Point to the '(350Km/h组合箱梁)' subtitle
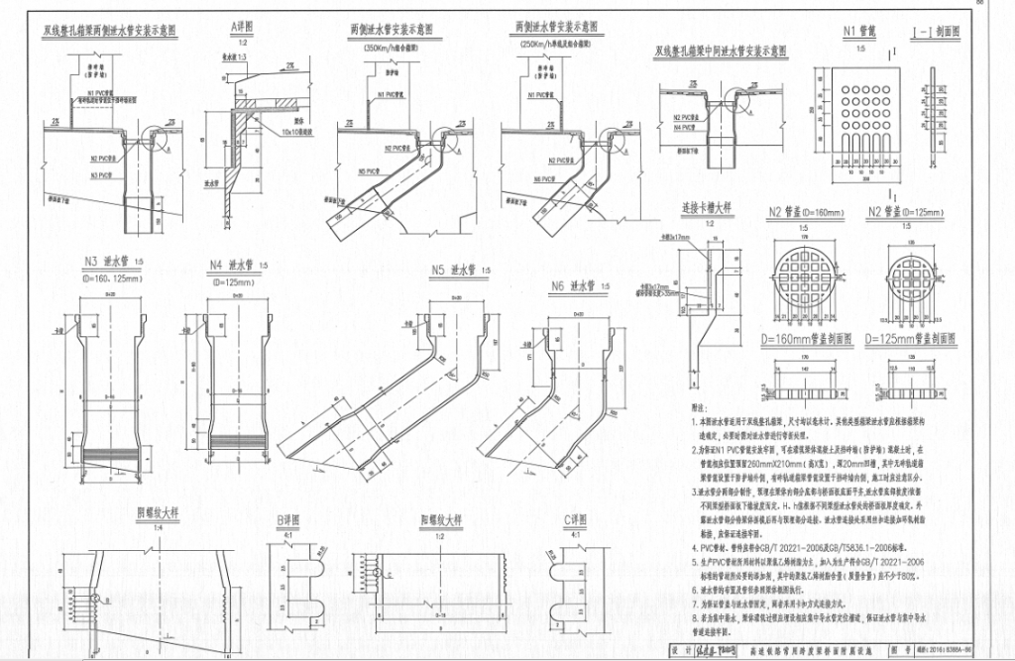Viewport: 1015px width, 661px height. (x=398, y=47)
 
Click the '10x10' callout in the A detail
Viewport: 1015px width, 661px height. (x=293, y=129)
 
